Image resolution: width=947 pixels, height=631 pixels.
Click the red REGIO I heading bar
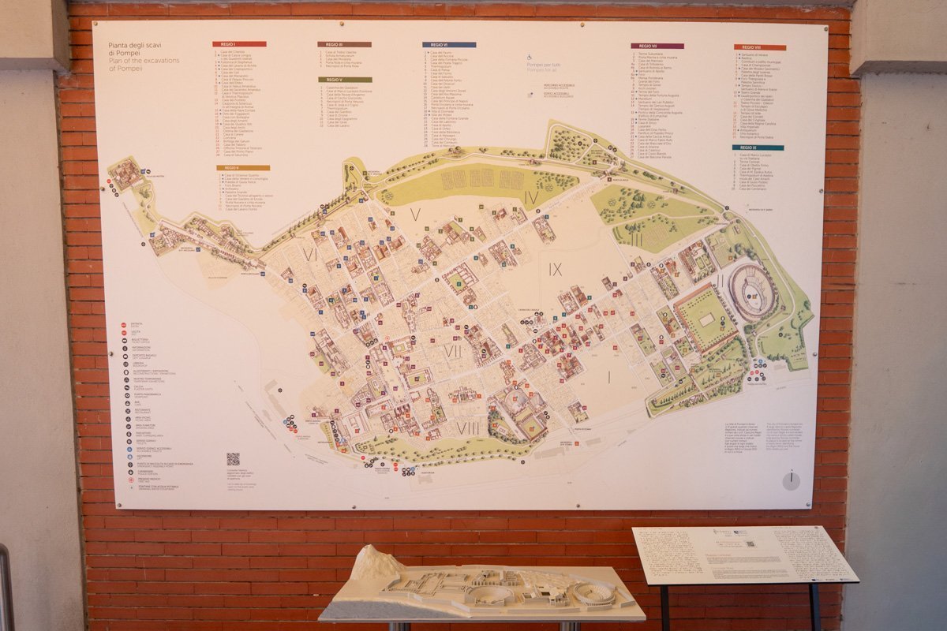click(238, 44)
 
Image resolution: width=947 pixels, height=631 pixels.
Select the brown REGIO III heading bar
click(344, 44)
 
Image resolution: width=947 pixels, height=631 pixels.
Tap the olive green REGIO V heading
click(344, 80)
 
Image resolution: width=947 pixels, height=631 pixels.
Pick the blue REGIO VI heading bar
click(448, 45)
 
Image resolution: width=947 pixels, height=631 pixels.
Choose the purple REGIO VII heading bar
click(657, 46)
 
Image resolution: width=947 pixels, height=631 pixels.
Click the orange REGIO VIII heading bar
click(759, 47)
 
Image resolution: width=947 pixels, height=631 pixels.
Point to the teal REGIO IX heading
click(757, 147)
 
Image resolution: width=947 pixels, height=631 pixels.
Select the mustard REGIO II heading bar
click(243, 167)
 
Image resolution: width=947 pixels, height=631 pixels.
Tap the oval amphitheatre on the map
click(751, 292)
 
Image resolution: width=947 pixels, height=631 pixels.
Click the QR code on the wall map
click(233, 458)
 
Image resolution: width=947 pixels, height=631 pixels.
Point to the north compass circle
click(791, 480)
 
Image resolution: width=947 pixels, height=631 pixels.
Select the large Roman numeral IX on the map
click(556, 270)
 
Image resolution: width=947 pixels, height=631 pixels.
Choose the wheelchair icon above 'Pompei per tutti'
click(530, 57)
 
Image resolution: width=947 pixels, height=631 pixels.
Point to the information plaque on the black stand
click(744, 554)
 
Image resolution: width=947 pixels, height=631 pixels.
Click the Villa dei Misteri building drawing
click(126, 173)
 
